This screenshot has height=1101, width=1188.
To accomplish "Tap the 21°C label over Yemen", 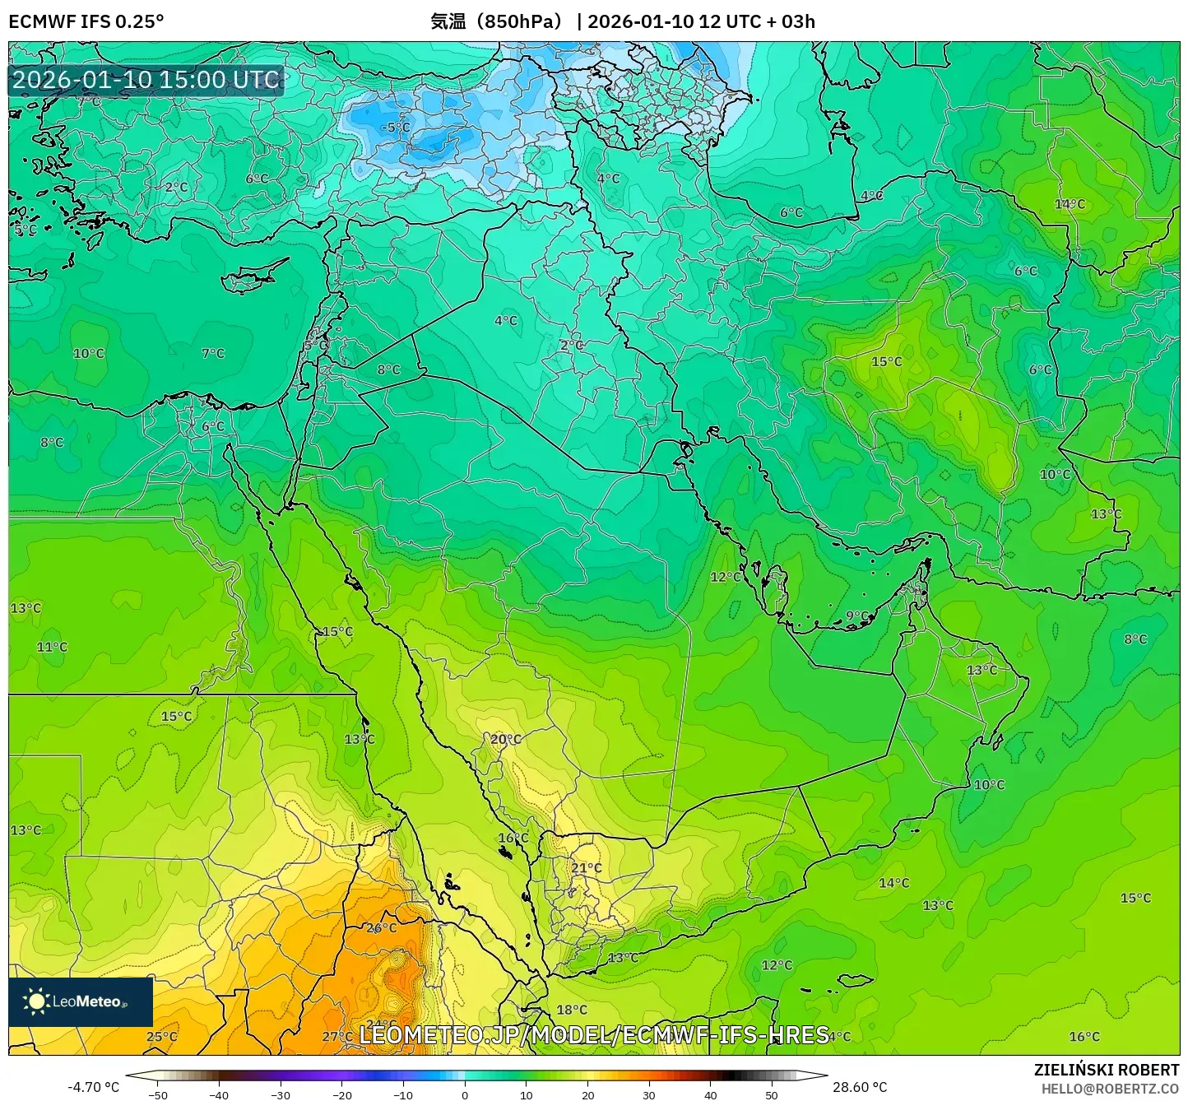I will (587, 868).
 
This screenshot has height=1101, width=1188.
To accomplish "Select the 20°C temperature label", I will (506, 740).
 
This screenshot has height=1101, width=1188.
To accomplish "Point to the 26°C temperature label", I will (381, 928).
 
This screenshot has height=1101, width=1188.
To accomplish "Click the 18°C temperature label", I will (572, 1010).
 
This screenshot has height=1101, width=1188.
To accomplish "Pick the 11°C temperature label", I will (52, 647).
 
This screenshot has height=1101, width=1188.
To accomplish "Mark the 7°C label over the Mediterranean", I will (213, 353).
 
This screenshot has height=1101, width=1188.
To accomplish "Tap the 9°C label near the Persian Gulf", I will (858, 616).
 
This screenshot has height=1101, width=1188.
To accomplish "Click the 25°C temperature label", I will (161, 1036).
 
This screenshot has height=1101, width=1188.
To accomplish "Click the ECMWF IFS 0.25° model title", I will (86, 21).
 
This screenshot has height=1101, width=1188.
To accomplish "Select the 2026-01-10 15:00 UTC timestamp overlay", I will (146, 80).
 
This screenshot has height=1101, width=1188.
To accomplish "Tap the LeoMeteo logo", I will (81, 1001).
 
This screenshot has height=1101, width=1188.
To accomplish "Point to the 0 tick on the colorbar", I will (465, 1094).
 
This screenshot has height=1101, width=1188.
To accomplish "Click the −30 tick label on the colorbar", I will (281, 1094).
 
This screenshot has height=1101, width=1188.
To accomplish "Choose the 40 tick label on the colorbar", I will (710, 1094).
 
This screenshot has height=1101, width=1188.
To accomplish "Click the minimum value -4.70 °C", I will (93, 1087).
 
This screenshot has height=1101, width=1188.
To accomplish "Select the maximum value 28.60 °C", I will (860, 1087).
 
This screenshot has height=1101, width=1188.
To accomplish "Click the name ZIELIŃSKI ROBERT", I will (1107, 1070).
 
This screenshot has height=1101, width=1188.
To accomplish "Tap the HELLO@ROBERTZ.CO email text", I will (1110, 1089).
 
